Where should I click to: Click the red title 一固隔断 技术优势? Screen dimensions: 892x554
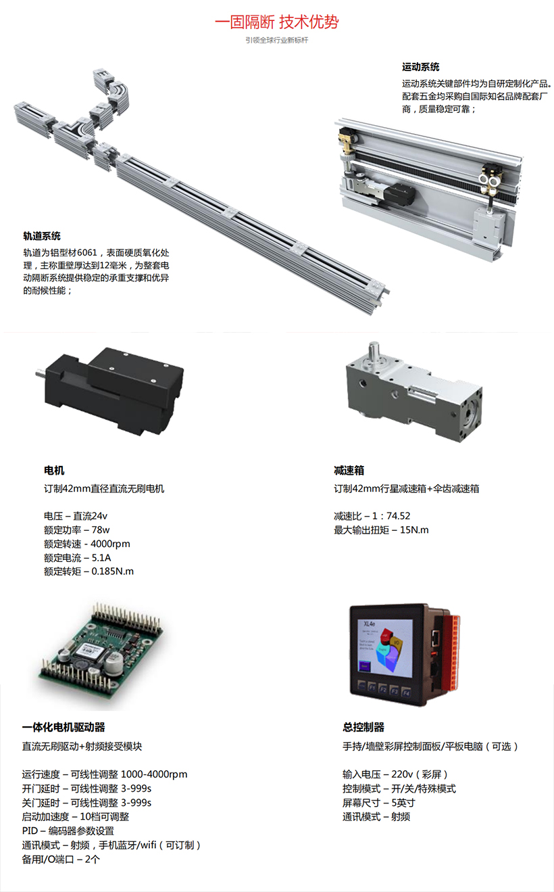point(277,22)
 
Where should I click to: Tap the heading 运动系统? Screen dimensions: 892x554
point(420,67)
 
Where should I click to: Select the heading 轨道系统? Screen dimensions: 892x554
point(42,236)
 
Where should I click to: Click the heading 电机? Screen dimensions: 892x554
point(54,470)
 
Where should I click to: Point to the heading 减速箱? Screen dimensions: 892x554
point(349,470)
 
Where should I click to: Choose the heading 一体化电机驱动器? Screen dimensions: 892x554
point(64,727)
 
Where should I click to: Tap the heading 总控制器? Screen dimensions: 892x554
point(363,727)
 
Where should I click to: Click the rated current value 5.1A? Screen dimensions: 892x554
point(101,557)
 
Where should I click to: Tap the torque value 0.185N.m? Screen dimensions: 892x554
point(113,571)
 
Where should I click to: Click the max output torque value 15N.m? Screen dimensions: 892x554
point(414,530)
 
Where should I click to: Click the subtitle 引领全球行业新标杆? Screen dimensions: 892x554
point(277,40)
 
